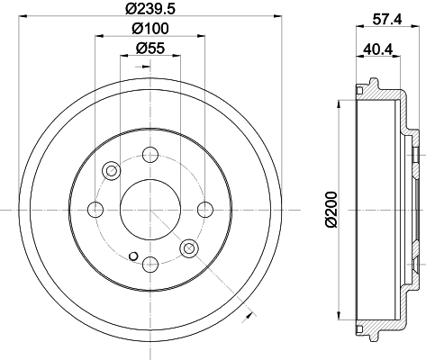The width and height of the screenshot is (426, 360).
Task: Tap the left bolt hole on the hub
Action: tap(96, 210)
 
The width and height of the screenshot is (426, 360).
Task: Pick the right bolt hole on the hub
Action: tap(205, 210)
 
